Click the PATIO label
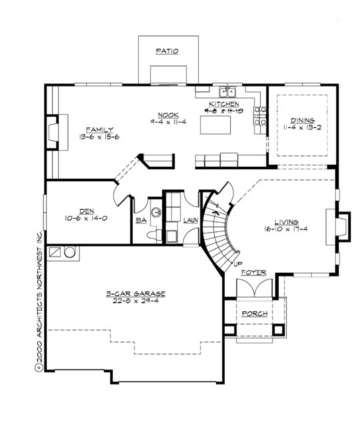point(167,51)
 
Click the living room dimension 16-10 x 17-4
point(285,229)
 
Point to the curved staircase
point(219,233)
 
